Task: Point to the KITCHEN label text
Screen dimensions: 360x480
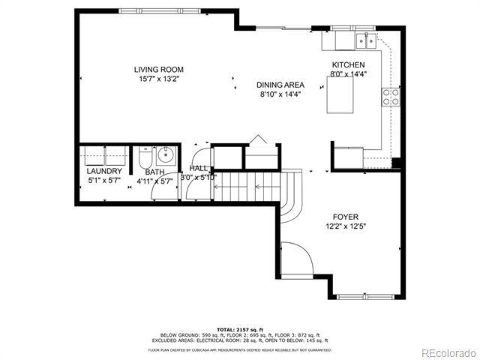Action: (x=348, y=65)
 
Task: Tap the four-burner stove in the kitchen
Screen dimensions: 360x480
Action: (x=391, y=96)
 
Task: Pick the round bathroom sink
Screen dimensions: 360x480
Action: (x=166, y=157)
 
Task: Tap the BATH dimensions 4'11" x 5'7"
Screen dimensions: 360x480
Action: (x=154, y=181)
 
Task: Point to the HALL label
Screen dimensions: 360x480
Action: (x=199, y=169)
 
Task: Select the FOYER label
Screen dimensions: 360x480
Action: (x=346, y=217)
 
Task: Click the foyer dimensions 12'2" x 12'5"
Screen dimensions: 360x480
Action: (x=346, y=226)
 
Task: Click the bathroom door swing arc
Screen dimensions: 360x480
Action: (x=163, y=191)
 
